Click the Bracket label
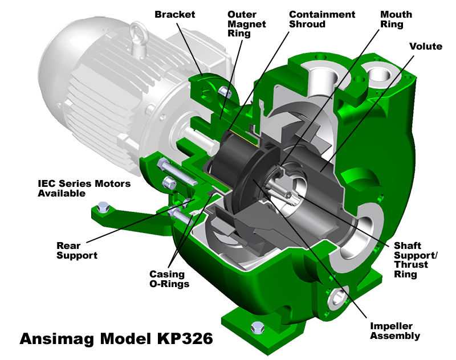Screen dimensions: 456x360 174,15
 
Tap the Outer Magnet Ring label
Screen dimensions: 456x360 247,24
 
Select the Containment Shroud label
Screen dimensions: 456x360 322,19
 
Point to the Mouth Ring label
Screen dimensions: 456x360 396,19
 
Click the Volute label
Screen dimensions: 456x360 426,46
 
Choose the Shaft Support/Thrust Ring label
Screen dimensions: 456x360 416,260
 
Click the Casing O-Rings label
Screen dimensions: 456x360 169,279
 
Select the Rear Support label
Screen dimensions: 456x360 77,250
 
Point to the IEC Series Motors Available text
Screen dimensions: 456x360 84,189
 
